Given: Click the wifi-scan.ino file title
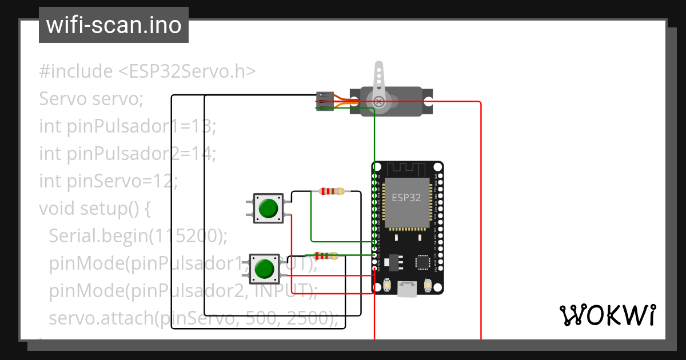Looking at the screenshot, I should [x=113, y=25].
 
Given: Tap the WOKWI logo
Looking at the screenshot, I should [x=607, y=315].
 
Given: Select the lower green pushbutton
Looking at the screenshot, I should [x=264, y=269].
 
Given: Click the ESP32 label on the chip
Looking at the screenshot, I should [x=406, y=198].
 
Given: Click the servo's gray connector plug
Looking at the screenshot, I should [x=325, y=101].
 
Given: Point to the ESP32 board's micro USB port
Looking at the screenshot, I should [x=407, y=289].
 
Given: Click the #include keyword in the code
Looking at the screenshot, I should [x=76, y=71].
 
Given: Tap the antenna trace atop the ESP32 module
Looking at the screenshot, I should [x=407, y=169].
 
